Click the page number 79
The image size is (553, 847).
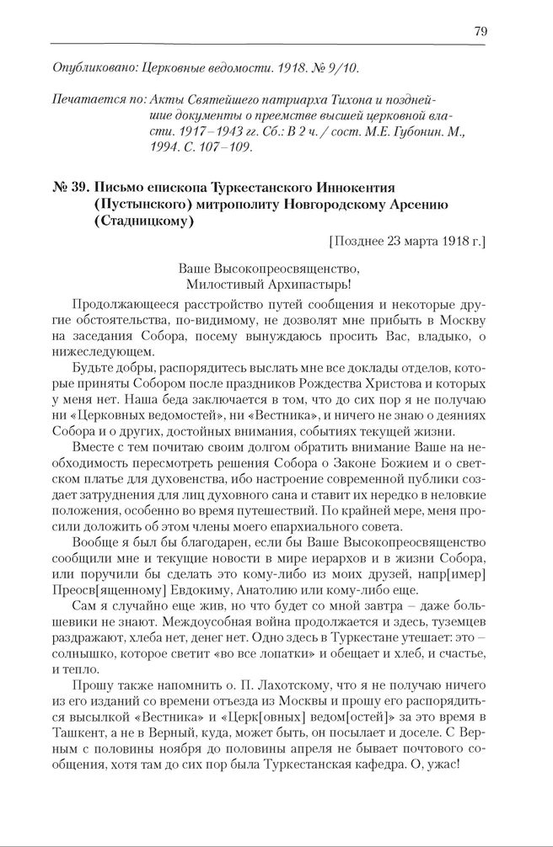click(x=481, y=31)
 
